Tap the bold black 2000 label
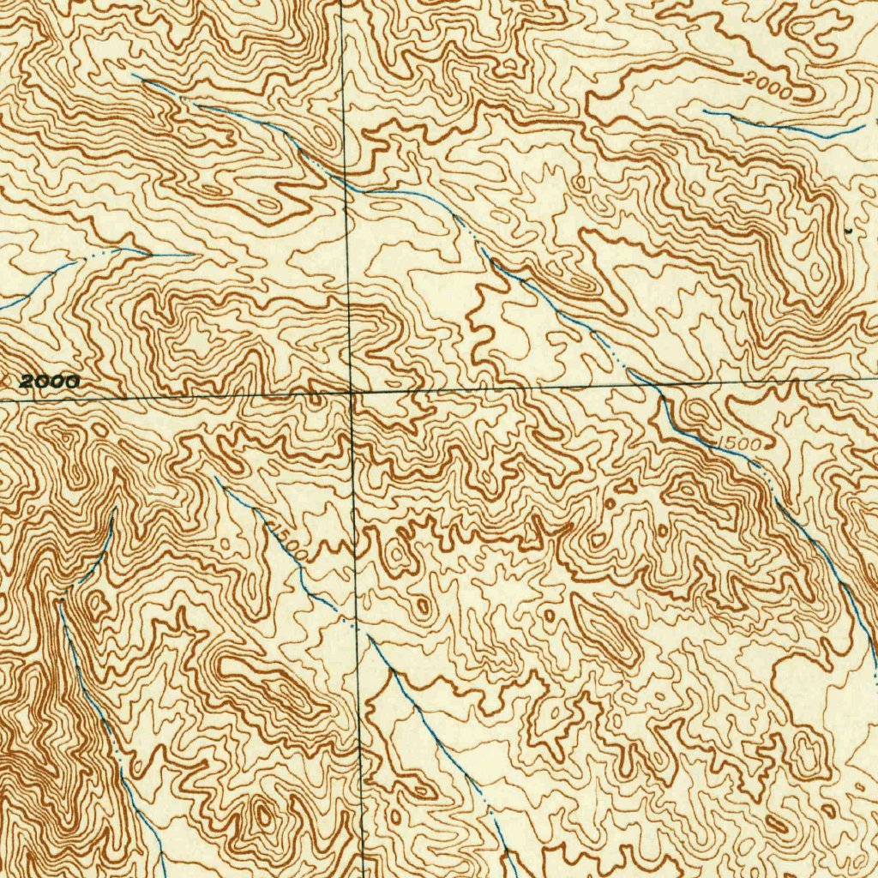pos(50,382)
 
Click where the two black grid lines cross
pos(352,392)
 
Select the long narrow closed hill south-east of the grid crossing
pos(605,630)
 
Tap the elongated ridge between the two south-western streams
pos(274,686)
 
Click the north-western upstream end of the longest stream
pos(135,76)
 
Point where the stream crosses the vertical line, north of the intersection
pos(346,183)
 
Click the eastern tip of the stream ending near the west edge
pos(194,255)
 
